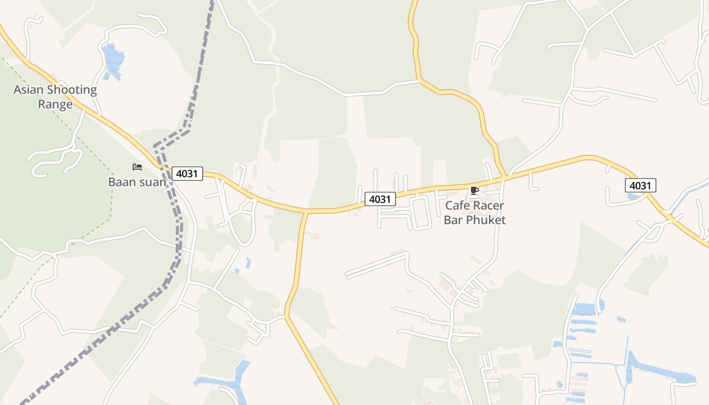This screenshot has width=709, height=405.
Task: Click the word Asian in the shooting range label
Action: click(x=28, y=90)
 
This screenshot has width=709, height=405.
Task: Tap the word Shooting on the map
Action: click(x=71, y=90)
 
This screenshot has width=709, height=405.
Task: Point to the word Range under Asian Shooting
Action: click(x=55, y=105)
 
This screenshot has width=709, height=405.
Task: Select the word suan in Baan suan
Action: click(x=152, y=182)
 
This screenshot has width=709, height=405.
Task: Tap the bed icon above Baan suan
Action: click(x=137, y=167)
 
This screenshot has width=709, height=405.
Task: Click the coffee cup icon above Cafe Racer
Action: click(x=474, y=190)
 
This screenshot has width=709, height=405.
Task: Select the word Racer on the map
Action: click(x=489, y=206)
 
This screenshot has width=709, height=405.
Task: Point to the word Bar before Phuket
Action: click(x=453, y=220)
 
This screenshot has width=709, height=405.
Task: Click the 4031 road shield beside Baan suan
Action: click(x=187, y=174)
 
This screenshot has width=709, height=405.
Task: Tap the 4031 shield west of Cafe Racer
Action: click(x=380, y=199)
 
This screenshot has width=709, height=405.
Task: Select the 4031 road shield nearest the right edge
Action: click(x=640, y=185)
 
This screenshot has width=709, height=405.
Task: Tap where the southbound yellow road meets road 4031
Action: click(x=306, y=211)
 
